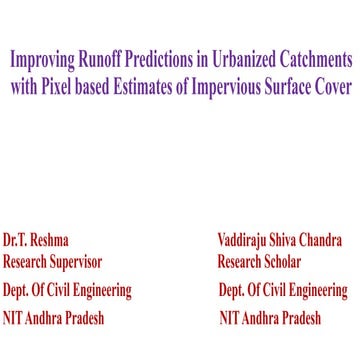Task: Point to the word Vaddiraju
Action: [245, 241]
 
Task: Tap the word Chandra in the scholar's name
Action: [321, 241]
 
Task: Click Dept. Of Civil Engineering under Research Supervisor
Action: [67, 292]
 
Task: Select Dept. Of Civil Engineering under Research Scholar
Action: [283, 292]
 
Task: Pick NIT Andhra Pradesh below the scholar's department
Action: [270, 318]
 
